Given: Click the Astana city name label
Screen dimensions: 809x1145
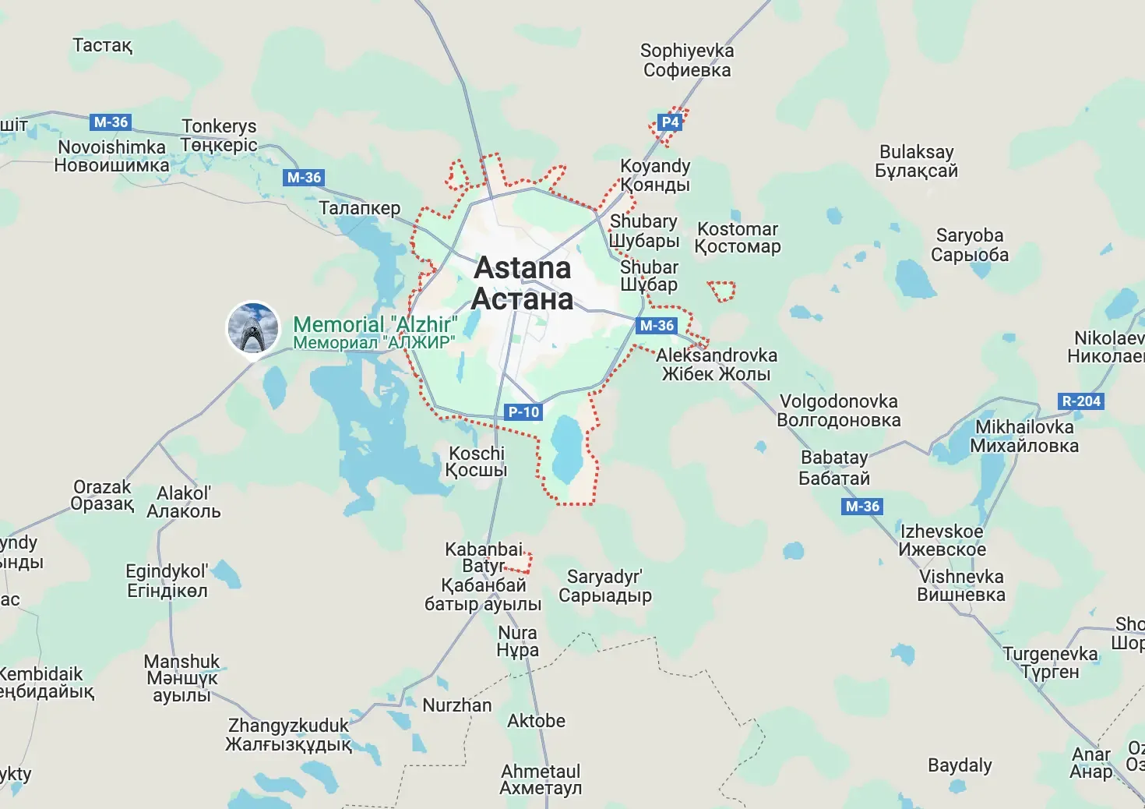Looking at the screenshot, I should pos(523,283).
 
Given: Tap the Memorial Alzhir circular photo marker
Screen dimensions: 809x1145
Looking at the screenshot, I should pos(253,328).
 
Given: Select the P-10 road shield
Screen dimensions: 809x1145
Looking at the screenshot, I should pos(523,412).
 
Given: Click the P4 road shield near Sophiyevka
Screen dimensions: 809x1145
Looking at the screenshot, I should pos(670,122).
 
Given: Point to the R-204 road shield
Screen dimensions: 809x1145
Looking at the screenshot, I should pos(1082,401).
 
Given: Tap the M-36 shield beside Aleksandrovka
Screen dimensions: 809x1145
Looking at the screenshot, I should pos(656,326).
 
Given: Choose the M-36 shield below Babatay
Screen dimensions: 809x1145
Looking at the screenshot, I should pos(862,507).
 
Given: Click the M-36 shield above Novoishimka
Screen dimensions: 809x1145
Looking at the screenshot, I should pos(111,122).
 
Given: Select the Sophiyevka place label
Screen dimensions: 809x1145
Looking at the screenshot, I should pos(687,60).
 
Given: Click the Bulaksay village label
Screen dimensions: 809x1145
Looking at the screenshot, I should pos(916,161).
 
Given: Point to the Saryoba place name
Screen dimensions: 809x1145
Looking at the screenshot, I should pos(970,245).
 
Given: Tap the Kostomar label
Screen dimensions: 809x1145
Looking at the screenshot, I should pos(738,238).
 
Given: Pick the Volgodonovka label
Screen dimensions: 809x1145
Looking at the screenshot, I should pos(838,411).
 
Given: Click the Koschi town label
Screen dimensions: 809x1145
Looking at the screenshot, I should pos(477,461).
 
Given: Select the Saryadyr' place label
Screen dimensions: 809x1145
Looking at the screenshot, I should pos(604,586).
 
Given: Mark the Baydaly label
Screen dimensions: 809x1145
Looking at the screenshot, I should pos(960,765).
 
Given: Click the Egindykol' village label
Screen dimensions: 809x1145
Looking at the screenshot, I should pos(167,581).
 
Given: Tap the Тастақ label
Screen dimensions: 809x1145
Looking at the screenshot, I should pos(103,45).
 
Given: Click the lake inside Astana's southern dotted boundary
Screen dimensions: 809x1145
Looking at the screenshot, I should pos(566,449).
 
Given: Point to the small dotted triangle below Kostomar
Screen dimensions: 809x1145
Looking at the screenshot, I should pos(722,291).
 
